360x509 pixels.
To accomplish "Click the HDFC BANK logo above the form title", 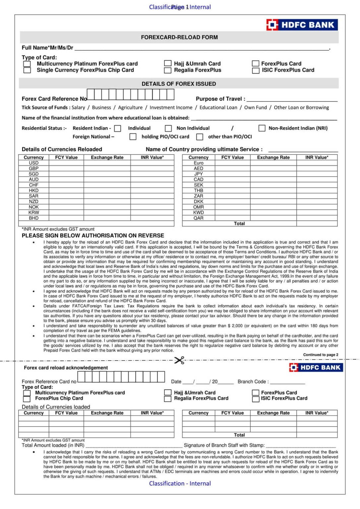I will point(302,25).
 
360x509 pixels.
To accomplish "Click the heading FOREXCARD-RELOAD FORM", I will point(179,37).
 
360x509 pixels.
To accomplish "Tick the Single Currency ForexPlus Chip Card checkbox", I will point(27,70).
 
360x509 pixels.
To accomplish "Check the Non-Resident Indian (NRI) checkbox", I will point(262,128).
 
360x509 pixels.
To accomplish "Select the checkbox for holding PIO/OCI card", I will point(133,137).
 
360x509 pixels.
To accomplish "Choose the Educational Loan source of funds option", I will point(218,108).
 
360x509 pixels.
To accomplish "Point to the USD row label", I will point(33,163).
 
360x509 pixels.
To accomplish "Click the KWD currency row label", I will point(198,213).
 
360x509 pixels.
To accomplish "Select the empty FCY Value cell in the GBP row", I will point(66,169).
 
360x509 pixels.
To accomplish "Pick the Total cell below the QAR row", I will point(239,224).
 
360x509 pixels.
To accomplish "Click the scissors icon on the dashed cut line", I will point(179,360).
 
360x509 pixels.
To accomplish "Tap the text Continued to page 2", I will point(321,355).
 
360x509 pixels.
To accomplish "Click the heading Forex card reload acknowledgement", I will point(66,368).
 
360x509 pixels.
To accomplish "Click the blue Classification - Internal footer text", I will point(180,483).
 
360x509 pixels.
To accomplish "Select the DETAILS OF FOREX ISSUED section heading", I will point(179,84).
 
